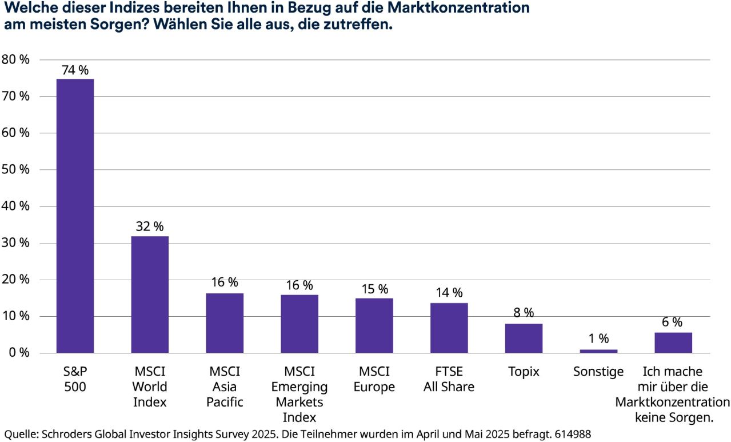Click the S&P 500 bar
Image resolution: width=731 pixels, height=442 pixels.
pos(75,216)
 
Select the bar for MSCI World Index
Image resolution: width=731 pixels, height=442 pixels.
pos(150,294)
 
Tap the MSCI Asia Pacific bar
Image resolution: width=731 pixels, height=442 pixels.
pos(225,323)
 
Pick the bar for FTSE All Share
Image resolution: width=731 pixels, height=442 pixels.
pos(449,328)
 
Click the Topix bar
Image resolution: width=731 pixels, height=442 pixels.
pos(524,338)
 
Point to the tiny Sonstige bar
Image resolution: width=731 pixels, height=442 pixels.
pos(598,351)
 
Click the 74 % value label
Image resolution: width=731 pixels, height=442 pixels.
pos(75,70)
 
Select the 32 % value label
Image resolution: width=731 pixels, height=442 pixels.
pos(150,226)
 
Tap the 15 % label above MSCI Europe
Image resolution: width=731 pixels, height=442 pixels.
pos(374,289)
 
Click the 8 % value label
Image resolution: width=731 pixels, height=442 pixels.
pos(524,313)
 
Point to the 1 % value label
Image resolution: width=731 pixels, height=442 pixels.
pos(598,339)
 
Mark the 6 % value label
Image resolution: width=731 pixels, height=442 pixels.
pos(673,322)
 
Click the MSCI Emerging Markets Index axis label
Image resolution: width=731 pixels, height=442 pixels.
pos(299,395)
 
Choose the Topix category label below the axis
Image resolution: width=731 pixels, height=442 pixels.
pos(524,372)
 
